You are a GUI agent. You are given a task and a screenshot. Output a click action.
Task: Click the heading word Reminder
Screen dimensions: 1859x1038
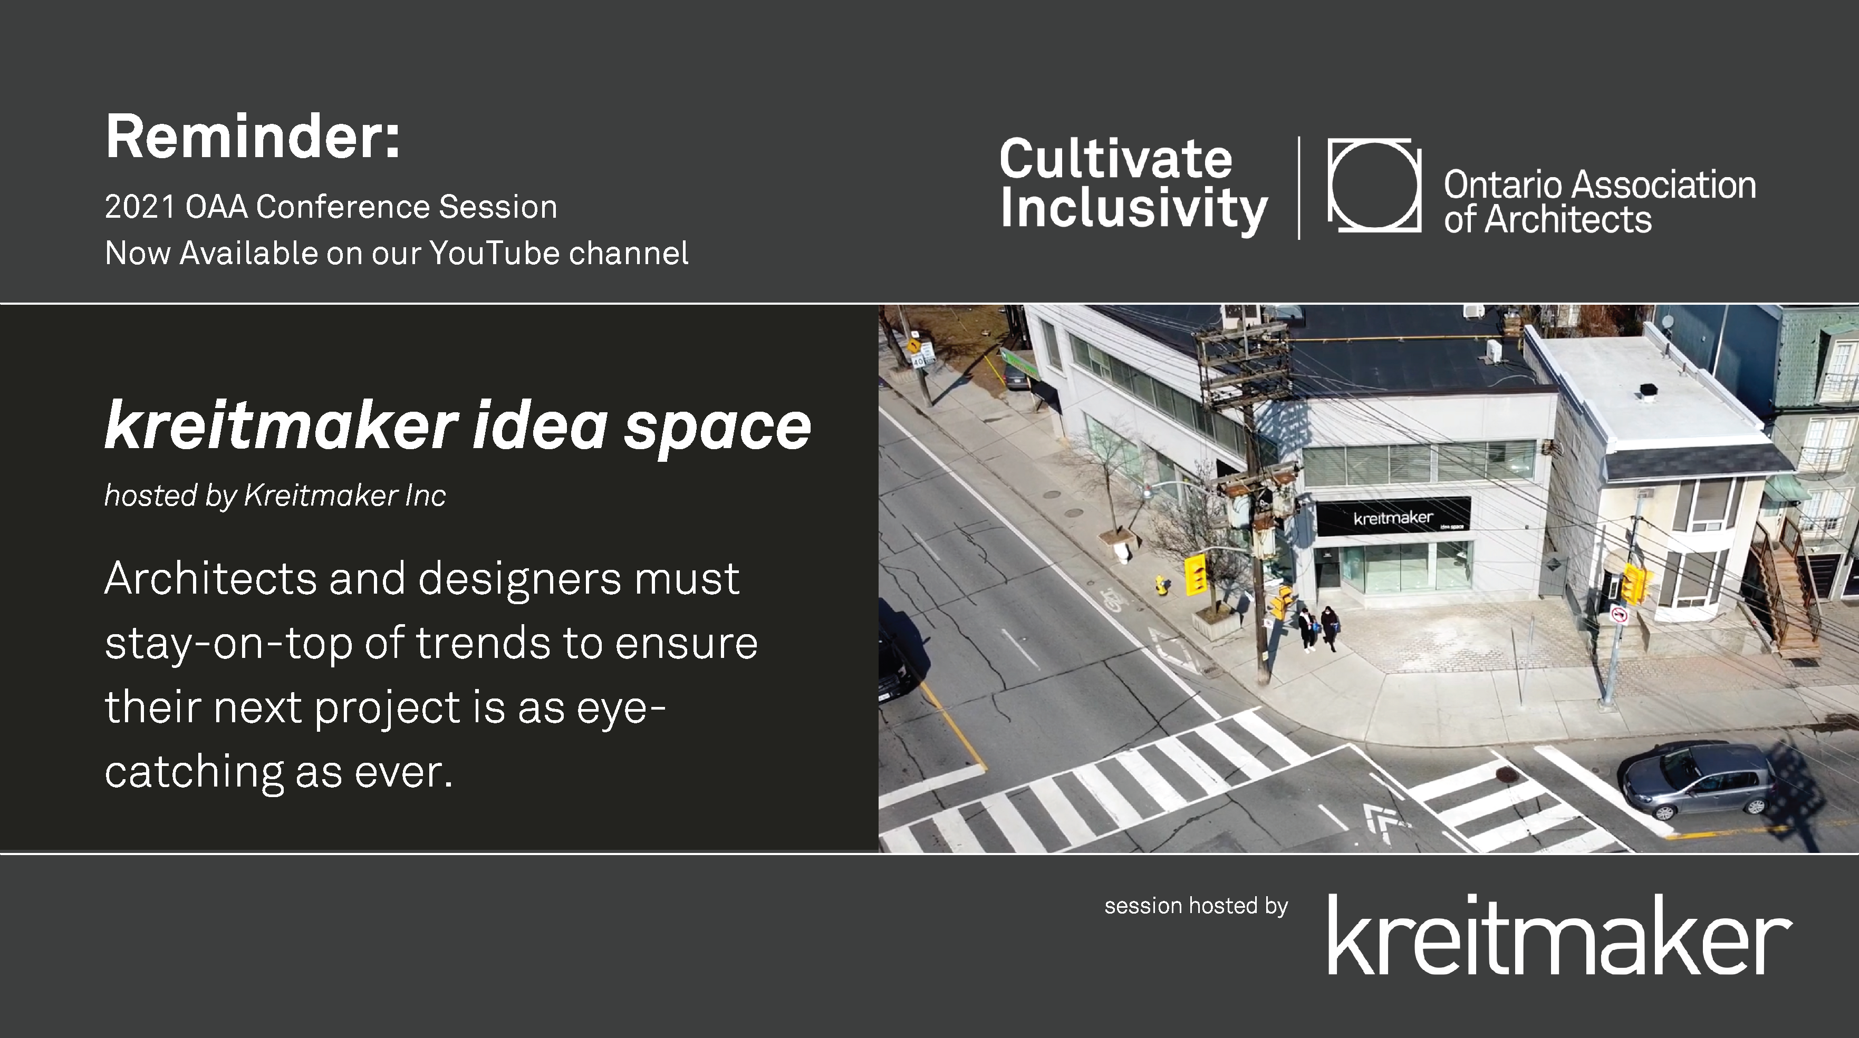(x=253, y=137)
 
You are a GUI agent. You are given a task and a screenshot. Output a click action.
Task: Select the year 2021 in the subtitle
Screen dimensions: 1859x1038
(x=140, y=207)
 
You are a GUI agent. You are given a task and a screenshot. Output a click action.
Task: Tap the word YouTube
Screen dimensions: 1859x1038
(x=494, y=253)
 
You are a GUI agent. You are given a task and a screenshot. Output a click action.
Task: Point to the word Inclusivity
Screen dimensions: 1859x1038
(x=1134, y=210)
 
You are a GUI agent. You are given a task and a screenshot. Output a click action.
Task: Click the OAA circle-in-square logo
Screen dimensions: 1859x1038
(x=1374, y=186)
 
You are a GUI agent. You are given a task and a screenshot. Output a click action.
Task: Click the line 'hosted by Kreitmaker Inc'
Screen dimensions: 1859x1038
(x=275, y=496)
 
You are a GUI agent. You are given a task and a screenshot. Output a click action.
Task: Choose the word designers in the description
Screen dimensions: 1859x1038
(x=519, y=579)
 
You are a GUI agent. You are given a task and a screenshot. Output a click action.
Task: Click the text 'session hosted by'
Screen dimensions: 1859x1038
(x=1196, y=906)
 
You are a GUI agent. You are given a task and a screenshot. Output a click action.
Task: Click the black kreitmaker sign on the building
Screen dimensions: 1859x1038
(x=1393, y=517)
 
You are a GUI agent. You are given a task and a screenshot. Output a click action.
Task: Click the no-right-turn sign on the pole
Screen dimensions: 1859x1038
(x=1620, y=615)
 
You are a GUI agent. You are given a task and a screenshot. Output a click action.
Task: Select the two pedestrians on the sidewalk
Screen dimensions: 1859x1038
(x=1318, y=629)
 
